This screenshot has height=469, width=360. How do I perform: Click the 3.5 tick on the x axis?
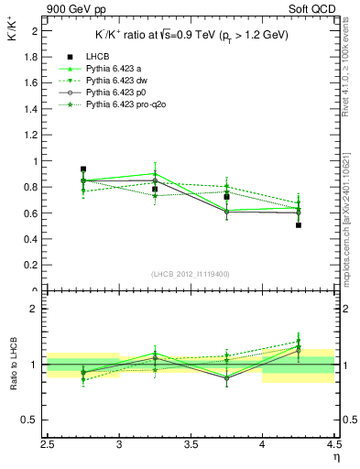coord(191,447)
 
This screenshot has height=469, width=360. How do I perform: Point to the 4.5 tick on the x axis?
coord(333,447)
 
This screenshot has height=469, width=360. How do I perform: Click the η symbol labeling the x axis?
coord(336,458)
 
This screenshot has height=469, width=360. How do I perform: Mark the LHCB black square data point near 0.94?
coord(83,169)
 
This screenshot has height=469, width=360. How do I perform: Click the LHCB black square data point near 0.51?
coord(299,224)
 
